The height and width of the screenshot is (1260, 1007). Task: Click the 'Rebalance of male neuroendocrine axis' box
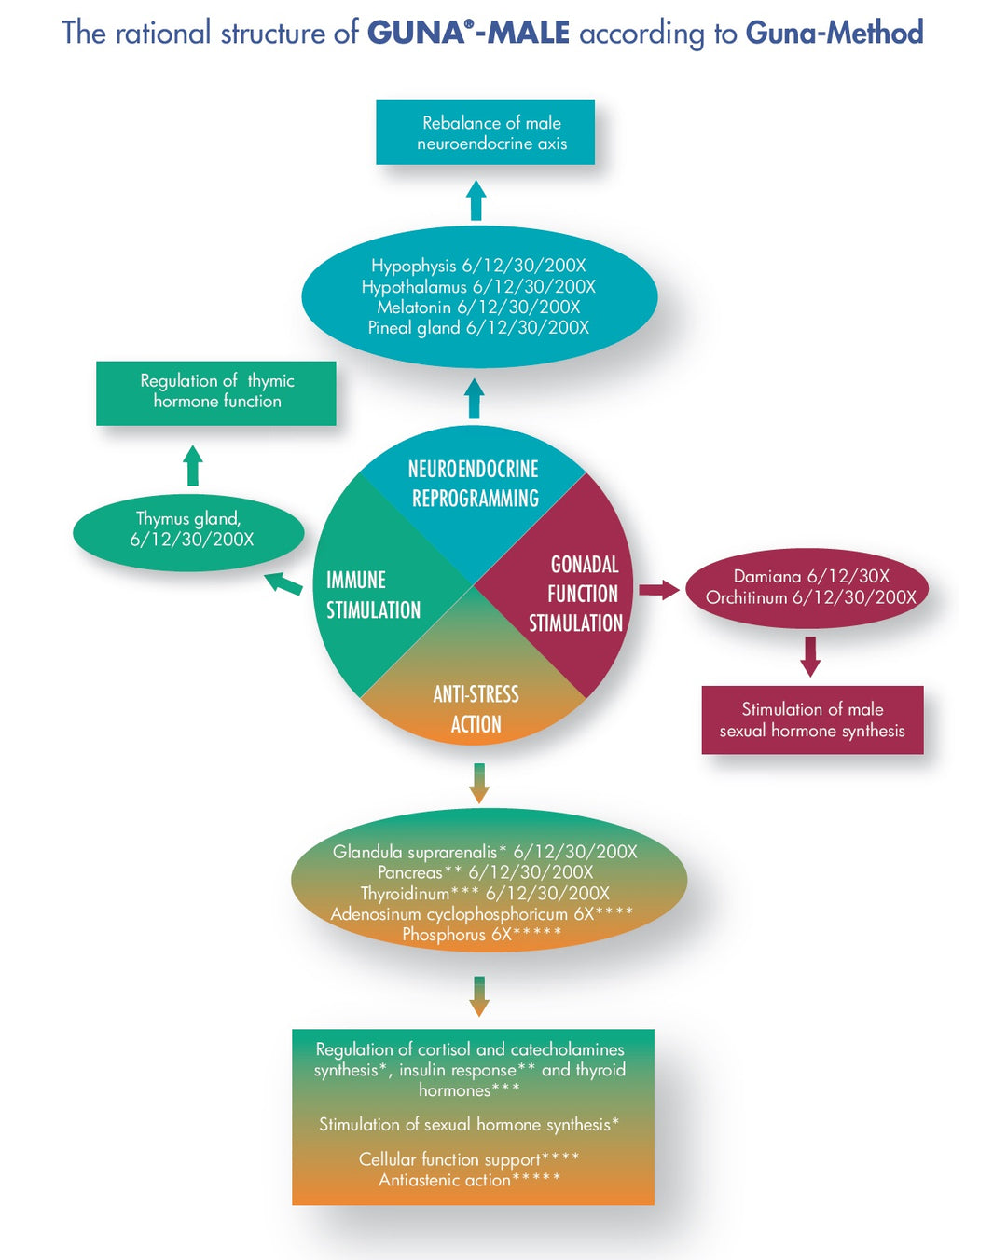coord(485,132)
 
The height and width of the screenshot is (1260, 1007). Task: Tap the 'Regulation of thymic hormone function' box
coord(216,392)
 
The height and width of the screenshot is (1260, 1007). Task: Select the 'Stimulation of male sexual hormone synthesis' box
coord(812,719)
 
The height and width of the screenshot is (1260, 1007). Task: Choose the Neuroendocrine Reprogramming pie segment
coord(474,494)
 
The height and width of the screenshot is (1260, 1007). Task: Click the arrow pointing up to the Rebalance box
coord(476,200)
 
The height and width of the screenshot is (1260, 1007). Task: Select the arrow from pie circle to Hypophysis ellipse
coord(475,398)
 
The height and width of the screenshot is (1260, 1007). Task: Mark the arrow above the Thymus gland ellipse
coord(193,465)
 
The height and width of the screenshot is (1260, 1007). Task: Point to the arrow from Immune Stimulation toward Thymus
coord(283,583)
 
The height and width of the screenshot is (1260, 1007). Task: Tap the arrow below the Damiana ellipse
coord(810,656)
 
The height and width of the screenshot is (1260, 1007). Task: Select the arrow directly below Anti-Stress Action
coord(479,783)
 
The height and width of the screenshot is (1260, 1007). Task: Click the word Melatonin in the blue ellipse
coord(414,308)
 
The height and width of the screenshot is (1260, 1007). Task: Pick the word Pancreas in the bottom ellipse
coord(410,872)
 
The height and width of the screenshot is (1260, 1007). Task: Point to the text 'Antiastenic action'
coord(445,1180)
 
